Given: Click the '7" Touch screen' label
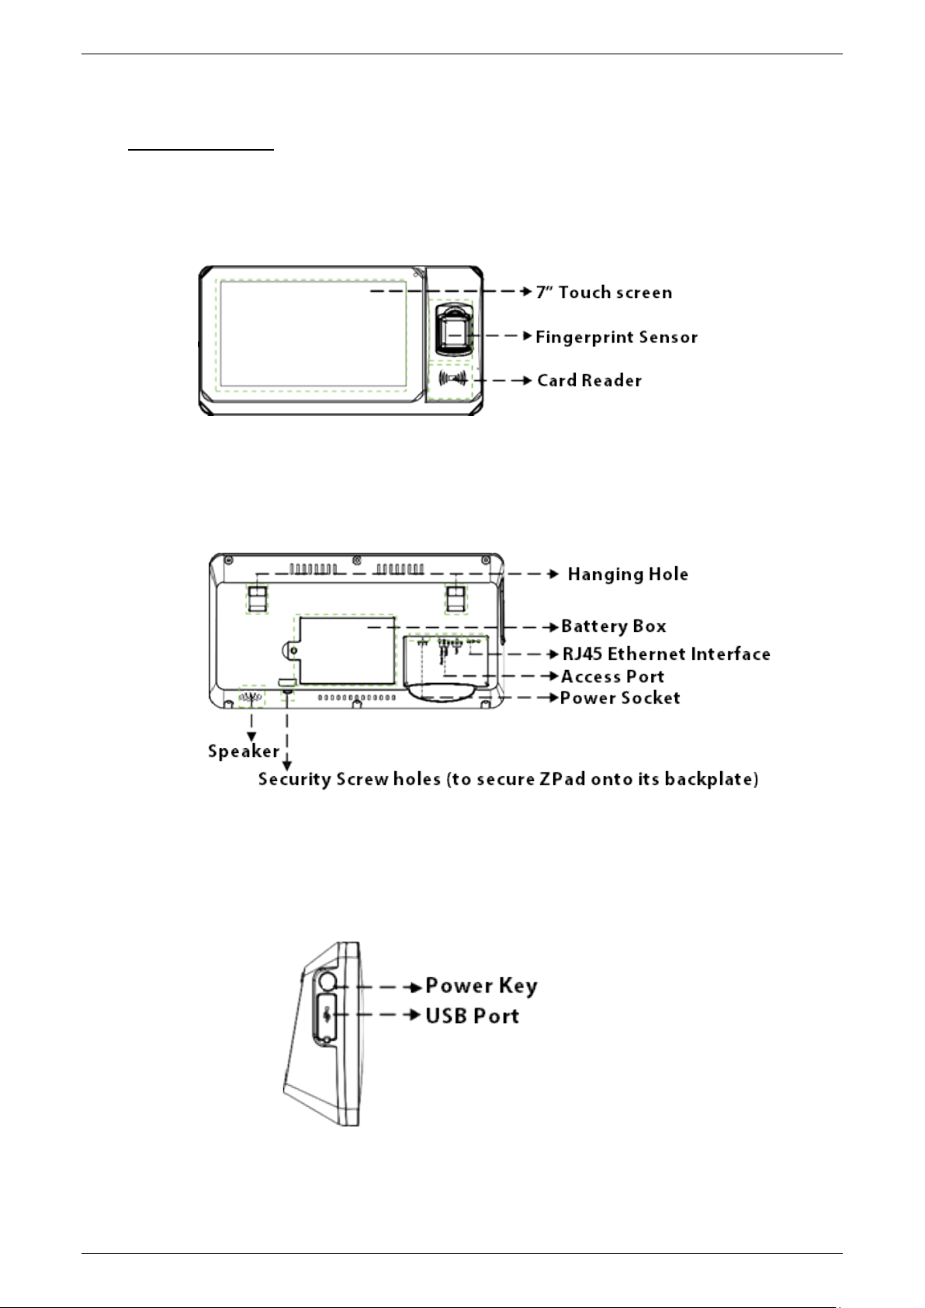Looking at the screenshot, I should pyautogui.click(x=604, y=293).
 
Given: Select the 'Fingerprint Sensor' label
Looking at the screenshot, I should pyautogui.click(x=616, y=337).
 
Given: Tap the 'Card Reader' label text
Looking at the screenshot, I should pyautogui.click(x=589, y=380).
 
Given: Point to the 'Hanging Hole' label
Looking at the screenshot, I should pyautogui.click(x=628, y=574).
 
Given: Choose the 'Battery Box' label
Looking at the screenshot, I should pyautogui.click(x=613, y=626).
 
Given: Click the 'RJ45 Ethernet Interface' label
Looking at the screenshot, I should pyautogui.click(x=666, y=654).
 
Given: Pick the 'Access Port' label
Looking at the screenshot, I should pyautogui.click(x=612, y=677).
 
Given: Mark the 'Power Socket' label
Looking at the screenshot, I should pyautogui.click(x=620, y=698).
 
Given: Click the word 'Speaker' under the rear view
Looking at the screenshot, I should pyautogui.click(x=243, y=751).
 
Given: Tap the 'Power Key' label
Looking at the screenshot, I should pyautogui.click(x=481, y=986).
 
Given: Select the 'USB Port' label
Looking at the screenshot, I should pyautogui.click(x=472, y=1016).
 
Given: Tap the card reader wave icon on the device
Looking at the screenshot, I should pyautogui.click(x=452, y=380).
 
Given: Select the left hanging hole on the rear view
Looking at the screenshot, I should pyautogui.click(x=257, y=596).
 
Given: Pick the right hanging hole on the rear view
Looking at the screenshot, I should pyautogui.click(x=456, y=596).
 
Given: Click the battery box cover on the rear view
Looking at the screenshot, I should pyautogui.click(x=346, y=651).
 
